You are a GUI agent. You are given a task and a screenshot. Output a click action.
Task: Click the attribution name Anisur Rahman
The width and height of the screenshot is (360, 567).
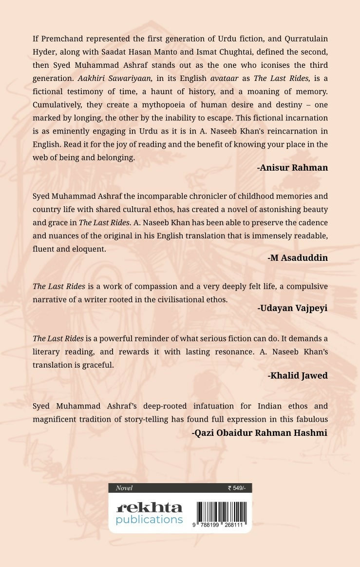(x=292, y=168)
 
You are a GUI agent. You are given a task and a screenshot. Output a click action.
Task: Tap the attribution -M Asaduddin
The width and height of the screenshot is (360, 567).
(x=298, y=258)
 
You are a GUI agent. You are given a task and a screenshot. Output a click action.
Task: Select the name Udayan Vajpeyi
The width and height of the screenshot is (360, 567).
(x=292, y=308)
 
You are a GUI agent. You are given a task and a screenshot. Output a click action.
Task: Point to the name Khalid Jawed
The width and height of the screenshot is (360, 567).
(x=298, y=375)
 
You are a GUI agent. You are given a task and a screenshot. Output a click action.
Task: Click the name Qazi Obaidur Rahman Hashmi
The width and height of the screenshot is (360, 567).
(x=260, y=432)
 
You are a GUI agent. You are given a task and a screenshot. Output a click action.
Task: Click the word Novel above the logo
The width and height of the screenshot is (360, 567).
(x=124, y=488)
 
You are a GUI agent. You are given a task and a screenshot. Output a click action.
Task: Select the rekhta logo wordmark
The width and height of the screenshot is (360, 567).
(x=149, y=507)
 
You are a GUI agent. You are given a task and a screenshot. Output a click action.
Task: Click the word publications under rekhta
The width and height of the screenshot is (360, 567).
(x=149, y=519)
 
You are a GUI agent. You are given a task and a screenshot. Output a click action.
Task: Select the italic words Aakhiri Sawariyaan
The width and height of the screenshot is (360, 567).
(x=115, y=78)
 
